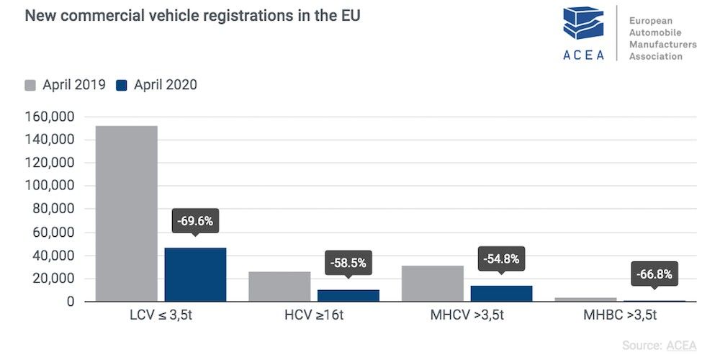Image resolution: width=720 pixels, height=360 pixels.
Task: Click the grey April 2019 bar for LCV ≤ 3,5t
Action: click(x=126, y=214)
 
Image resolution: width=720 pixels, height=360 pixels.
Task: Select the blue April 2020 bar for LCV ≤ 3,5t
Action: click(x=195, y=275)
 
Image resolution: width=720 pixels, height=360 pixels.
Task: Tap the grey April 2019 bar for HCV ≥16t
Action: click(x=279, y=287)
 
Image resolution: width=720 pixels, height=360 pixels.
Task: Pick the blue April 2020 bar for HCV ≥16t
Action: click(x=348, y=296)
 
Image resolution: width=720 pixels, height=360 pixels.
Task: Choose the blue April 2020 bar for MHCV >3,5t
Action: click(x=501, y=294)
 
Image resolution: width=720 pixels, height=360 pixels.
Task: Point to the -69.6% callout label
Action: click(x=195, y=221)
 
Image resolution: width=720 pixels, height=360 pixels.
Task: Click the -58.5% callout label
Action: click(x=348, y=263)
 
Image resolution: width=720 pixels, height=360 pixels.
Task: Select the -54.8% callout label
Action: click(x=501, y=258)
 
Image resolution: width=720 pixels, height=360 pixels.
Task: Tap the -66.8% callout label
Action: click(x=654, y=274)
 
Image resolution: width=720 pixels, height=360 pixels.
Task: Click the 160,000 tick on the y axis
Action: click(x=50, y=117)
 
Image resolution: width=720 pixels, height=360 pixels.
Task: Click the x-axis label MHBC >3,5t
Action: click(x=620, y=315)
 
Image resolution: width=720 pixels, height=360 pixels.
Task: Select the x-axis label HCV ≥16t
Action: click(x=314, y=315)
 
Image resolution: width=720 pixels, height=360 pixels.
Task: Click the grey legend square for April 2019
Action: click(x=31, y=86)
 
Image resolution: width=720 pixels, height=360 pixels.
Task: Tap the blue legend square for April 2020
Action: click(x=121, y=86)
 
